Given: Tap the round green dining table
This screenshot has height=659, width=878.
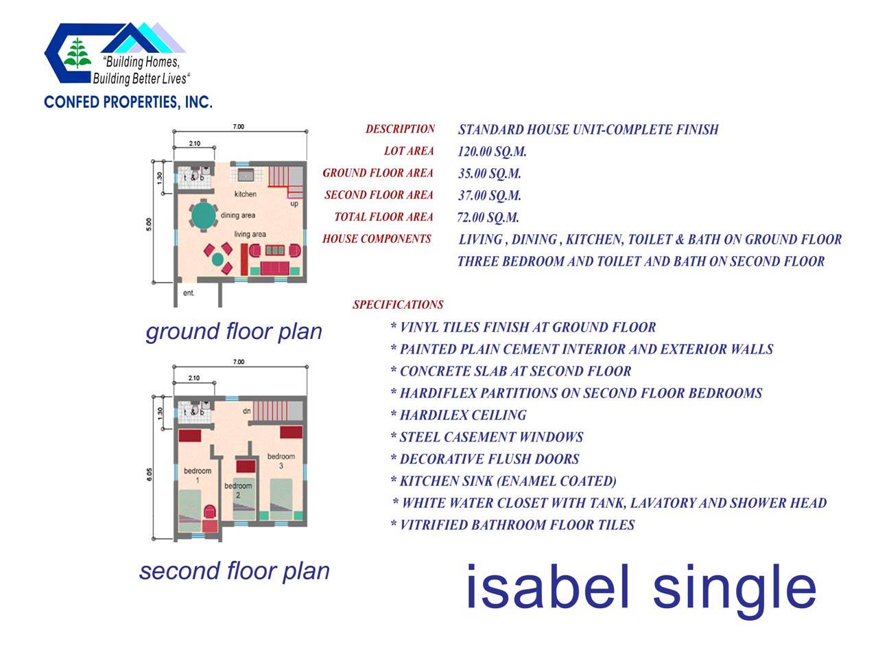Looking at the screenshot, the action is pyautogui.click(x=203, y=216).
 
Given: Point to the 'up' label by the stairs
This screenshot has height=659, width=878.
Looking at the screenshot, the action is pyautogui.click(x=294, y=204).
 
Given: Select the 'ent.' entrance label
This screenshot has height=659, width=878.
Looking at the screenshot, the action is pyautogui.click(x=189, y=293).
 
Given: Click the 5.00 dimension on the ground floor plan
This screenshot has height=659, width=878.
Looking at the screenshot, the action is pyautogui.click(x=149, y=224).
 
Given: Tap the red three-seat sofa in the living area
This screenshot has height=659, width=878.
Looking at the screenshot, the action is pyautogui.click(x=274, y=268).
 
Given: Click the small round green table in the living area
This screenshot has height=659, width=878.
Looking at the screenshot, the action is pyautogui.click(x=217, y=259).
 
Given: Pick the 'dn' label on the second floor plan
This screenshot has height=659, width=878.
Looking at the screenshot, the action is pyautogui.click(x=247, y=411).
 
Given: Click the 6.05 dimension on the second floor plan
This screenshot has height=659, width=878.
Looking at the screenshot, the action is pyautogui.click(x=150, y=474).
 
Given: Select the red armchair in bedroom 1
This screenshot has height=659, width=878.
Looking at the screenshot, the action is pyautogui.click(x=210, y=512).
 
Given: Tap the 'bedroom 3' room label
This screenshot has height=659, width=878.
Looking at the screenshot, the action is pyautogui.click(x=281, y=461).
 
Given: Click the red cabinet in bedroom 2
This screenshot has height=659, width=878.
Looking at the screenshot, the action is pyautogui.click(x=246, y=466).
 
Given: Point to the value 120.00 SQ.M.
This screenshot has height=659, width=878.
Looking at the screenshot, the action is pyautogui.click(x=492, y=151).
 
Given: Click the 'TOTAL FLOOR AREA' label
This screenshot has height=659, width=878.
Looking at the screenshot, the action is pyautogui.click(x=383, y=217).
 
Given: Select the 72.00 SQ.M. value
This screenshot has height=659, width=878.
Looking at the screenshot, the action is pyautogui.click(x=488, y=218).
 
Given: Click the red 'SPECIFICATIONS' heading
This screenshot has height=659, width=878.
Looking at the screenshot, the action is pyautogui.click(x=398, y=305).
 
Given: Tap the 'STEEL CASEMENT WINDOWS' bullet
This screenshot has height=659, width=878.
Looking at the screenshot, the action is pyautogui.click(x=487, y=437).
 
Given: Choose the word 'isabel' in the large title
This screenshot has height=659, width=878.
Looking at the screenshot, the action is pyautogui.click(x=548, y=586).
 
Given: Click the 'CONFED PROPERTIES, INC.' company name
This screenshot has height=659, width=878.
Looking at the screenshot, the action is pyautogui.click(x=128, y=102).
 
